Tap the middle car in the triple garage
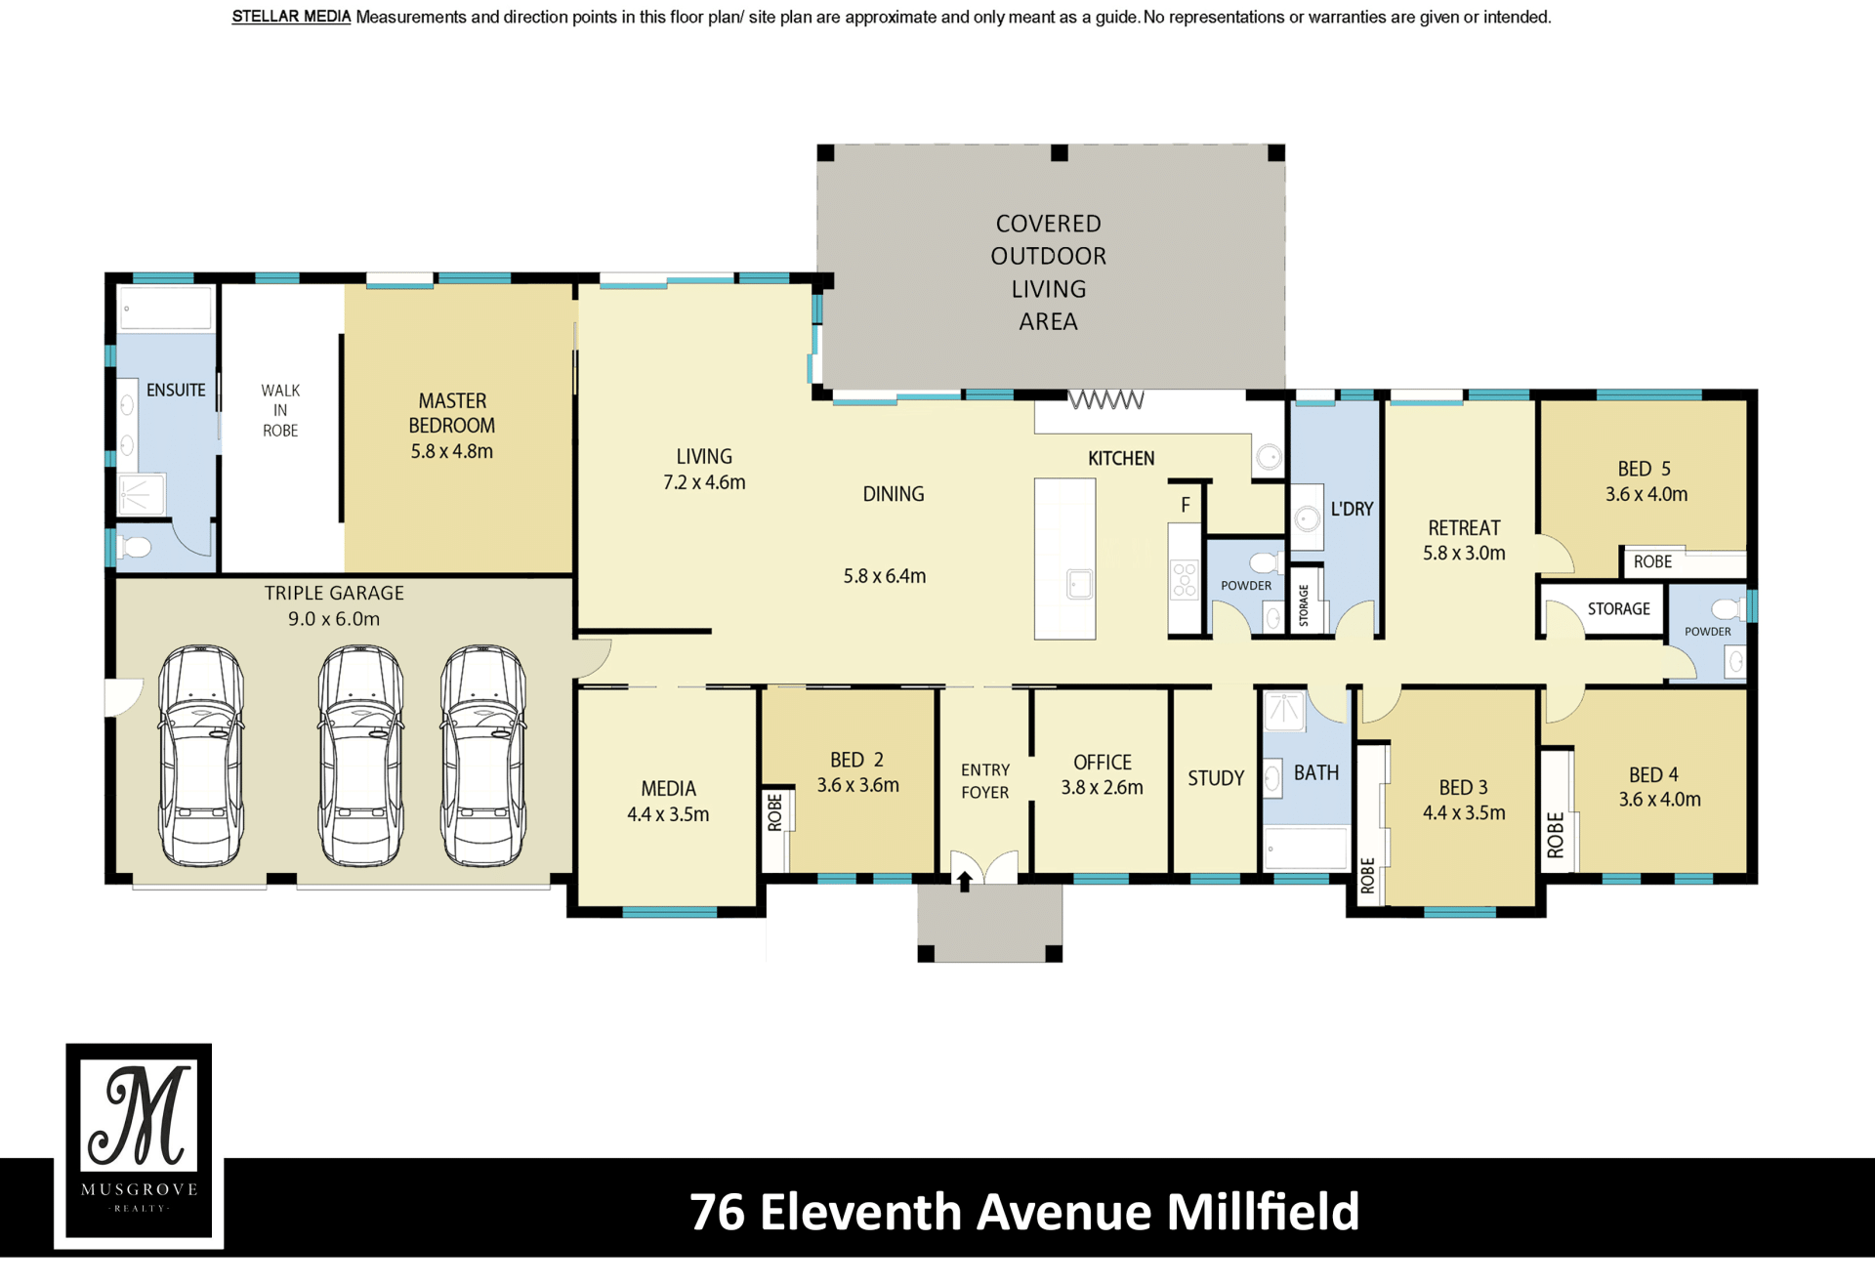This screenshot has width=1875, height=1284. click(x=360, y=756)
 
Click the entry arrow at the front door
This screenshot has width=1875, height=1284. click(x=965, y=881)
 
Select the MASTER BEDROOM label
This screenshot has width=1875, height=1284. click(x=452, y=413)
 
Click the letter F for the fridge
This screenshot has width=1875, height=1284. click(x=1186, y=505)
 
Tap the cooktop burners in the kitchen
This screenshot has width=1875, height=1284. click(x=1185, y=579)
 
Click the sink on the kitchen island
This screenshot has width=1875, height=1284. click(x=1079, y=584)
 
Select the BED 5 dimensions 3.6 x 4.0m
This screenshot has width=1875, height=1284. click(x=1646, y=494)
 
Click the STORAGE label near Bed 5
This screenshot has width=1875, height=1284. click(x=1618, y=608)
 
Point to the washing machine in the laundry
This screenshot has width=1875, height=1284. click(x=1307, y=518)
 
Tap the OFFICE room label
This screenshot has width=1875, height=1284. click(x=1103, y=762)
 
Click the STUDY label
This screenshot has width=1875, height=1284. click(x=1216, y=778)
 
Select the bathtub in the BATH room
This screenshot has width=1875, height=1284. click(x=1306, y=849)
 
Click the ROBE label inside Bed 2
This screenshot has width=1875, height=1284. click(x=775, y=812)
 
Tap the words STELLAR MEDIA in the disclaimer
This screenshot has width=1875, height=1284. click(x=291, y=17)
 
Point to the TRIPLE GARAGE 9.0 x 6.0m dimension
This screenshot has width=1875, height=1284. click(x=334, y=619)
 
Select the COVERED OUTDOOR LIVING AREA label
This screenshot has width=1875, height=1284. click(x=1049, y=272)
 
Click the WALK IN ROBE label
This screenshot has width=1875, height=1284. click(x=280, y=410)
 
